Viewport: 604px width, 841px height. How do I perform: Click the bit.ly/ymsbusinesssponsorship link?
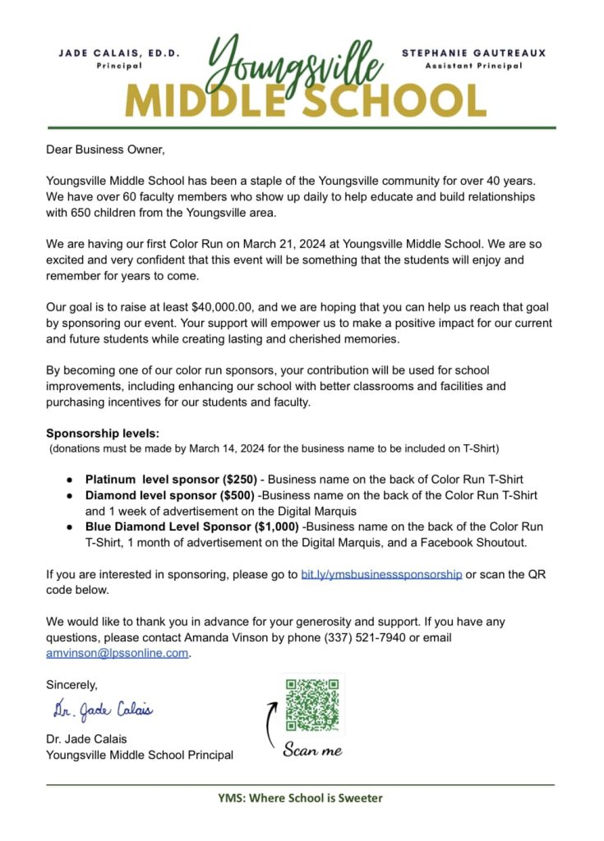(x=381, y=575)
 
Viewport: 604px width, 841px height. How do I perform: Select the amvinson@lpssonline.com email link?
(x=118, y=654)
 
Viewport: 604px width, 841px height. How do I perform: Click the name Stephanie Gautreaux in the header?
(x=473, y=53)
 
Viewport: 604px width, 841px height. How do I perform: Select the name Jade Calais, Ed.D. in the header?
(x=120, y=53)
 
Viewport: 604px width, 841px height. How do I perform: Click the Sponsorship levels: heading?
(x=103, y=433)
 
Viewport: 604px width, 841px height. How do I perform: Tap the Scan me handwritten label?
(x=312, y=750)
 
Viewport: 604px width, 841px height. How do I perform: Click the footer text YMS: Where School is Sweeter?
(x=300, y=797)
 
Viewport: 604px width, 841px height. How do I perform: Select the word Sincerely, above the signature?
(x=71, y=685)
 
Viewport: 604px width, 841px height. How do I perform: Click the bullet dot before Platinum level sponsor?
(x=70, y=480)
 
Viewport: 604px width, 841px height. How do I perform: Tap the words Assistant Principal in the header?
(x=473, y=66)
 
